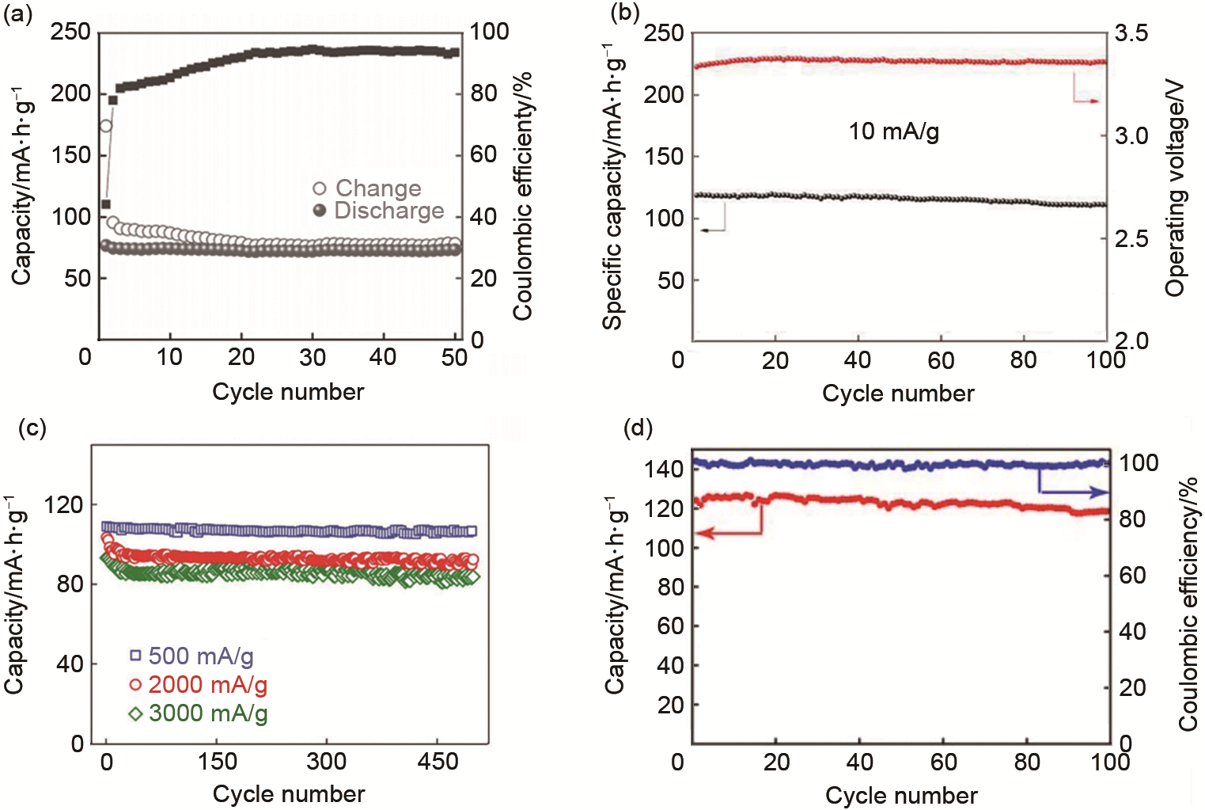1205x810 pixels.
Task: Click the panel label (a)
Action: pyautogui.click(x=17, y=13)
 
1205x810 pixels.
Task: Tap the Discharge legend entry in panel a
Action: pyautogui.click(x=379, y=211)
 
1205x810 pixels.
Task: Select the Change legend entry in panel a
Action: pyautogui.click(x=369, y=188)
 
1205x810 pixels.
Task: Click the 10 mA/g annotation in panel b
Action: pyautogui.click(x=894, y=131)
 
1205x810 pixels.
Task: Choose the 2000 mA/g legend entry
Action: pyautogui.click(x=198, y=685)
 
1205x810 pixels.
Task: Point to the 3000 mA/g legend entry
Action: pyautogui.click(x=198, y=713)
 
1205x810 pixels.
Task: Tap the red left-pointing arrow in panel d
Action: pyautogui.click(x=728, y=534)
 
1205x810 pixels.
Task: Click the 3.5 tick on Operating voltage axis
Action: pyautogui.click(x=1131, y=33)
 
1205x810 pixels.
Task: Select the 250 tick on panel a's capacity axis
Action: pyautogui.click(x=70, y=32)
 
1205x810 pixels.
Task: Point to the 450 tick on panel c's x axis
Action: pyautogui.click(x=438, y=762)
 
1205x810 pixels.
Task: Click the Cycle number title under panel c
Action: pyautogui.click(x=289, y=793)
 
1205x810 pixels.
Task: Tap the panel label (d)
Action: pyautogui.click(x=638, y=428)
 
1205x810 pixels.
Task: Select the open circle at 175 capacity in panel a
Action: pyautogui.click(x=105, y=126)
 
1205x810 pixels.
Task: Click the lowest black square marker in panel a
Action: pyautogui.click(x=106, y=203)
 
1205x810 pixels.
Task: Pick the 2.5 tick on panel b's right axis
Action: pyautogui.click(x=1131, y=239)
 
